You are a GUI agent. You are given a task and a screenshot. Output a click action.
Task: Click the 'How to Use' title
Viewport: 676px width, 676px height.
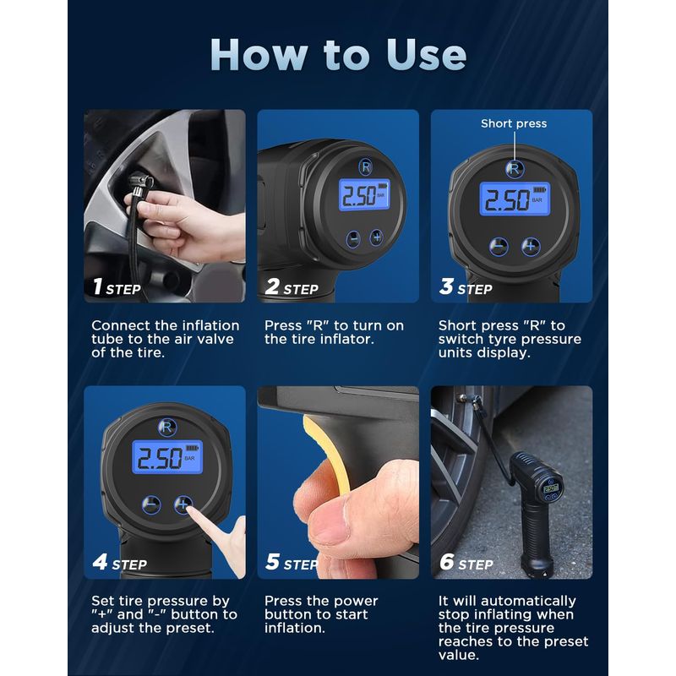pos(338,55)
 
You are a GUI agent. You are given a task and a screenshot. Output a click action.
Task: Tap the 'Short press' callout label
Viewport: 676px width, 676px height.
pos(514,123)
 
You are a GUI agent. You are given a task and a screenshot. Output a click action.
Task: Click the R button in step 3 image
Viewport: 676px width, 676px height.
pos(515,168)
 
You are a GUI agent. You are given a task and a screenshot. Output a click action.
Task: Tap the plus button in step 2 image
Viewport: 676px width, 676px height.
pos(376,237)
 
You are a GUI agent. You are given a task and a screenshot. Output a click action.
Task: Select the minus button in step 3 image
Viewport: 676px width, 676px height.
pos(499,247)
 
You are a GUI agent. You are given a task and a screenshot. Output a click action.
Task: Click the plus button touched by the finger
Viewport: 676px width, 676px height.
pos(183,504)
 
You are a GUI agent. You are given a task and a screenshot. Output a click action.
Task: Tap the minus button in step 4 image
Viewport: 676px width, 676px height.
pos(151,504)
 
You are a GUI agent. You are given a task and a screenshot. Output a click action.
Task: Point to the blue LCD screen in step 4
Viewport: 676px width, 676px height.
pos(167,457)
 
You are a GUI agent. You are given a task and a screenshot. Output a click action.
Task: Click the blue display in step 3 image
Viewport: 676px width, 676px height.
pos(515,199)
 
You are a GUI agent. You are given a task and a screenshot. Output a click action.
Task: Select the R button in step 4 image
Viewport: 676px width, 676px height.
pos(166,428)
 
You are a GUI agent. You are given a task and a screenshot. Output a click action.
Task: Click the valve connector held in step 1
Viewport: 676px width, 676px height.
pos(141,183)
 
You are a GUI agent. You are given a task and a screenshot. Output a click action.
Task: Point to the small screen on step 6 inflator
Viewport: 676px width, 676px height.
pos(551,488)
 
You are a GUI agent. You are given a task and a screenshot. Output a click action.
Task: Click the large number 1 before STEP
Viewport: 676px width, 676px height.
pos(98,286)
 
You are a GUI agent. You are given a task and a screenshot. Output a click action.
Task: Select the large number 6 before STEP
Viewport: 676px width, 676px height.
pos(447,562)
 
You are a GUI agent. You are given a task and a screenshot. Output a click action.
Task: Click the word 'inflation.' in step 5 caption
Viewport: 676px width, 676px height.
pos(294,628)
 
